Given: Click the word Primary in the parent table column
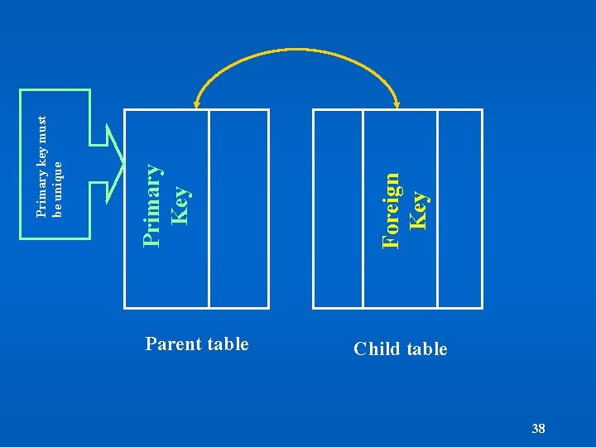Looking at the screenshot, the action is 151,204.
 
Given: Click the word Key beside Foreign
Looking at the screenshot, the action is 419,211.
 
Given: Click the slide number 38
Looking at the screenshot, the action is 538,428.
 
